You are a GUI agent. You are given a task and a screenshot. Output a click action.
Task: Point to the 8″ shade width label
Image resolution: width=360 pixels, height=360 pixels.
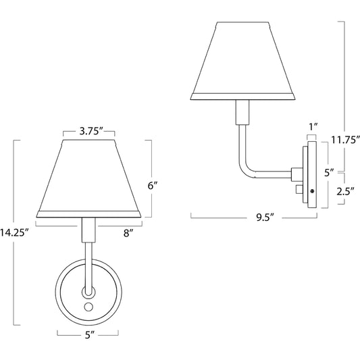[128, 233]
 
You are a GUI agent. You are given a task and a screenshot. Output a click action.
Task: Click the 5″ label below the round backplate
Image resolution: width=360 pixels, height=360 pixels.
[88, 333]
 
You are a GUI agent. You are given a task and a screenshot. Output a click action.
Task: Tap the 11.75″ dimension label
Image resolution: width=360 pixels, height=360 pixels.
[346, 139]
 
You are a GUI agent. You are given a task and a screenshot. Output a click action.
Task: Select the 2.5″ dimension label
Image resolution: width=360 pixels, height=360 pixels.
[345, 190]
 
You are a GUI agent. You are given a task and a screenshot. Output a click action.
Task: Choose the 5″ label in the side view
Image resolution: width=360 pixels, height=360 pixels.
[328, 172]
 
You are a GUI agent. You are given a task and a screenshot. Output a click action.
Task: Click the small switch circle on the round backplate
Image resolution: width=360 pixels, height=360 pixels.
[88, 307]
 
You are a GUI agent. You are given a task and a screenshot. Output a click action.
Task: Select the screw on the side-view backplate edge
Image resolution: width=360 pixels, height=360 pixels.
[311, 192]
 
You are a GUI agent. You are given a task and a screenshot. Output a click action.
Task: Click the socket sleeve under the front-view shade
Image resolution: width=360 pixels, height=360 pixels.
[88, 230]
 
